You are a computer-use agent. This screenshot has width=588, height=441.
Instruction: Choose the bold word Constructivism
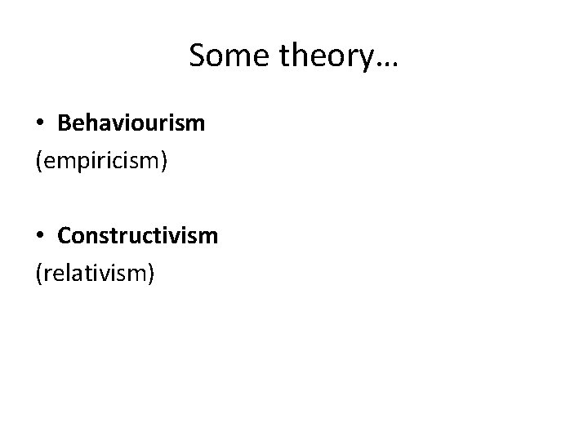pos(137,235)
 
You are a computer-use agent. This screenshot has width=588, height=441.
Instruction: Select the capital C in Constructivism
pos(65,235)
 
